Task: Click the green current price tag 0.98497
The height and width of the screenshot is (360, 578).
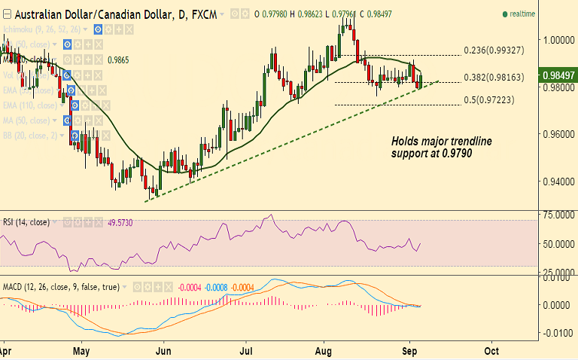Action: coord(558,75)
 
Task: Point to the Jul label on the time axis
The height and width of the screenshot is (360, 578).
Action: coord(245,351)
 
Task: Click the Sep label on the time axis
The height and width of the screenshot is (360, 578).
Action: coord(410,351)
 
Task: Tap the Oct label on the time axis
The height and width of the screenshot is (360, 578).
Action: coord(491,351)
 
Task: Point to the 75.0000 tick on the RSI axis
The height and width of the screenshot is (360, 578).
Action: coord(558,215)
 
